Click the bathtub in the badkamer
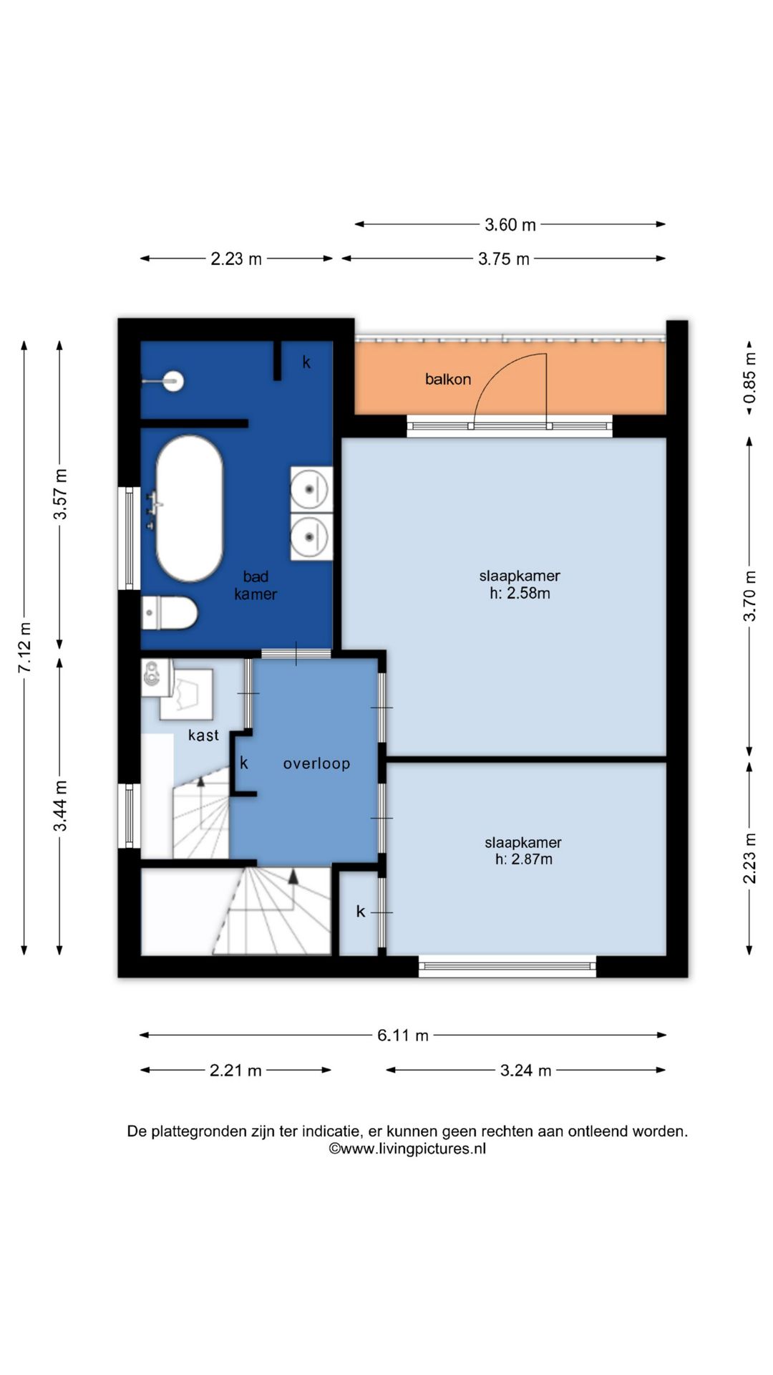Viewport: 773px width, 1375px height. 190,508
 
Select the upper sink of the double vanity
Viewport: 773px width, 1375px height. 311,489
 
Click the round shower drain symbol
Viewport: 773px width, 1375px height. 172,381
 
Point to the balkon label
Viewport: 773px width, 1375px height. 448,380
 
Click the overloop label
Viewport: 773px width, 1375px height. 316,763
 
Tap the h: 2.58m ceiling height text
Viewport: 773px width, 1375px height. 520,593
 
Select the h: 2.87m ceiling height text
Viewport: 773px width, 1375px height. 524,859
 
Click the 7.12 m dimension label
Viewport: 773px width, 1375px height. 25,647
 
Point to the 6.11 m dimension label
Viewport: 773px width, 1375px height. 403,1036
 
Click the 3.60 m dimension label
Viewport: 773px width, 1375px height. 510,225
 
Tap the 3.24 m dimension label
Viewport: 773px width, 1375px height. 526,1071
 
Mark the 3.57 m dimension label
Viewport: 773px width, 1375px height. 61,494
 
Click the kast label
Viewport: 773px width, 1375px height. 203,735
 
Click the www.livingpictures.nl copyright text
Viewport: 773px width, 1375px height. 407,1149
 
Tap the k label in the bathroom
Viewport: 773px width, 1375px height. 306,362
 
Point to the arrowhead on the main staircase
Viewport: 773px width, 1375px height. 293,876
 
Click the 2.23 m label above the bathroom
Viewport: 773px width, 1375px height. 236,259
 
